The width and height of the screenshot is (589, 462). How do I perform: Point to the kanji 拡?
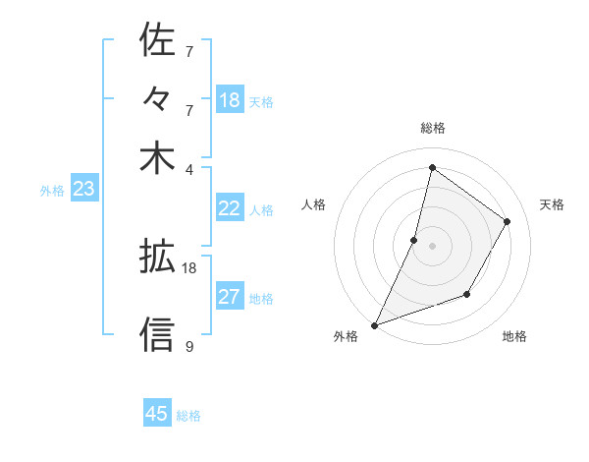(157, 257)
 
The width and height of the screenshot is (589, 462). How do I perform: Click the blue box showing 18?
(230, 100)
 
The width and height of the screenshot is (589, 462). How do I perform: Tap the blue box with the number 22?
(230, 208)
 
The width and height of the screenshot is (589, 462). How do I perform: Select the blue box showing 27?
(230, 297)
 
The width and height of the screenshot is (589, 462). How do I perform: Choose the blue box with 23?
(83, 190)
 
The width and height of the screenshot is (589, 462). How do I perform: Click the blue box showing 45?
(157, 414)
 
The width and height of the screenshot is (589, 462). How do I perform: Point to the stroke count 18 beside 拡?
(189, 267)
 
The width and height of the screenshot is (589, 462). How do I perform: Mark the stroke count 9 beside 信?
(188, 346)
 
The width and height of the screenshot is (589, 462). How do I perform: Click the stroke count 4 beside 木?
(188, 168)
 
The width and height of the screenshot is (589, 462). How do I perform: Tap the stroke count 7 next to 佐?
(188, 50)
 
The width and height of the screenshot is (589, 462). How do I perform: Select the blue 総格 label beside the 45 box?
(189, 416)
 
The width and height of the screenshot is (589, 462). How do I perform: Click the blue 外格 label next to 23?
(52, 191)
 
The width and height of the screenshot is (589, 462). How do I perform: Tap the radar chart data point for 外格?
(374, 324)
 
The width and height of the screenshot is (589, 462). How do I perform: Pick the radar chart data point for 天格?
(508, 221)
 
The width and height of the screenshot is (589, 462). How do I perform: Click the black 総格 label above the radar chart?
(432, 128)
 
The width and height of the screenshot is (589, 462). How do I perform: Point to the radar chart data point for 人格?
(414, 240)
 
